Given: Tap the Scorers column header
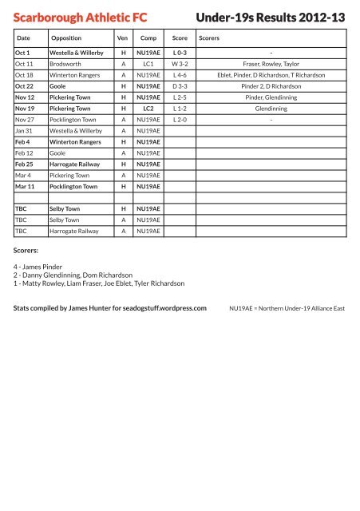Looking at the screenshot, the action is [x=209, y=37].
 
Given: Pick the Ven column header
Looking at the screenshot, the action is [x=123, y=37].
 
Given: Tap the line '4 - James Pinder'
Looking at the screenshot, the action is [x=44, y=267].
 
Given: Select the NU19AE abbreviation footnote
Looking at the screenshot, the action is [x=287, y=307].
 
